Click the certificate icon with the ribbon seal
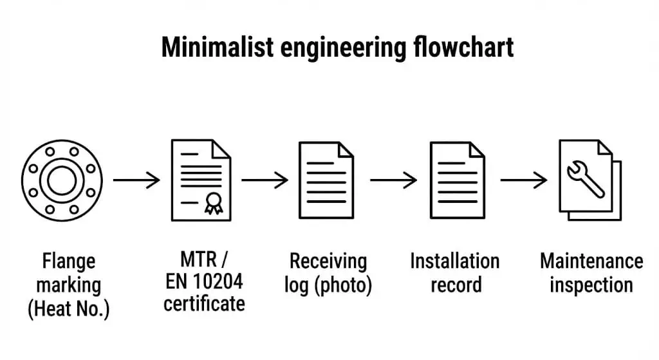[200, 180]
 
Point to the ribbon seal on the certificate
[212, 205]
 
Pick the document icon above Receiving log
[326, 180]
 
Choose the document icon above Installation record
[457, 180]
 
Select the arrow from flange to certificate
[136, 180]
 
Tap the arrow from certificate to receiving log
[265, 180]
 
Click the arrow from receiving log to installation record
[393, 180]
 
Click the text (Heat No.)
[69, 309]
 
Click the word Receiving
[328, 261]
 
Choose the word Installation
[454, 261]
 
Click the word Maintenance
[591, 261]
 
